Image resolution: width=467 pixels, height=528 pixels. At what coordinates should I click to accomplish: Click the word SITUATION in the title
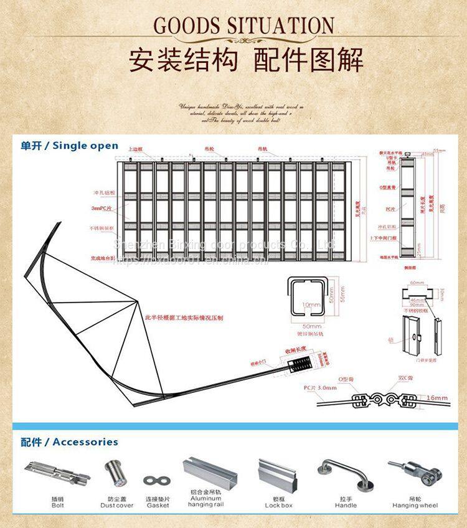279,26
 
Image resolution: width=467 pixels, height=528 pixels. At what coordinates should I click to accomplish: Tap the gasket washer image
158,481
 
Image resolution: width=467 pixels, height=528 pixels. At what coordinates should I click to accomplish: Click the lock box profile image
278,474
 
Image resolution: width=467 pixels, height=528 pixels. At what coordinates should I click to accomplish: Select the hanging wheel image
413,473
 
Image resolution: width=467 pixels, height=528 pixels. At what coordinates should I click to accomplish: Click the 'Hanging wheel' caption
414,506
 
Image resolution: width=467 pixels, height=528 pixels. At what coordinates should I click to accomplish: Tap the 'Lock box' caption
278,506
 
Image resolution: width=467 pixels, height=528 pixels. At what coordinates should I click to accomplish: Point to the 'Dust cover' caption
116,506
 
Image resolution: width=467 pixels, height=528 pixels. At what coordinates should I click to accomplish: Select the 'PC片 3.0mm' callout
319,387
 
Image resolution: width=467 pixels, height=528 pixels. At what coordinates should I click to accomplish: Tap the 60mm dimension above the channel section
418,281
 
